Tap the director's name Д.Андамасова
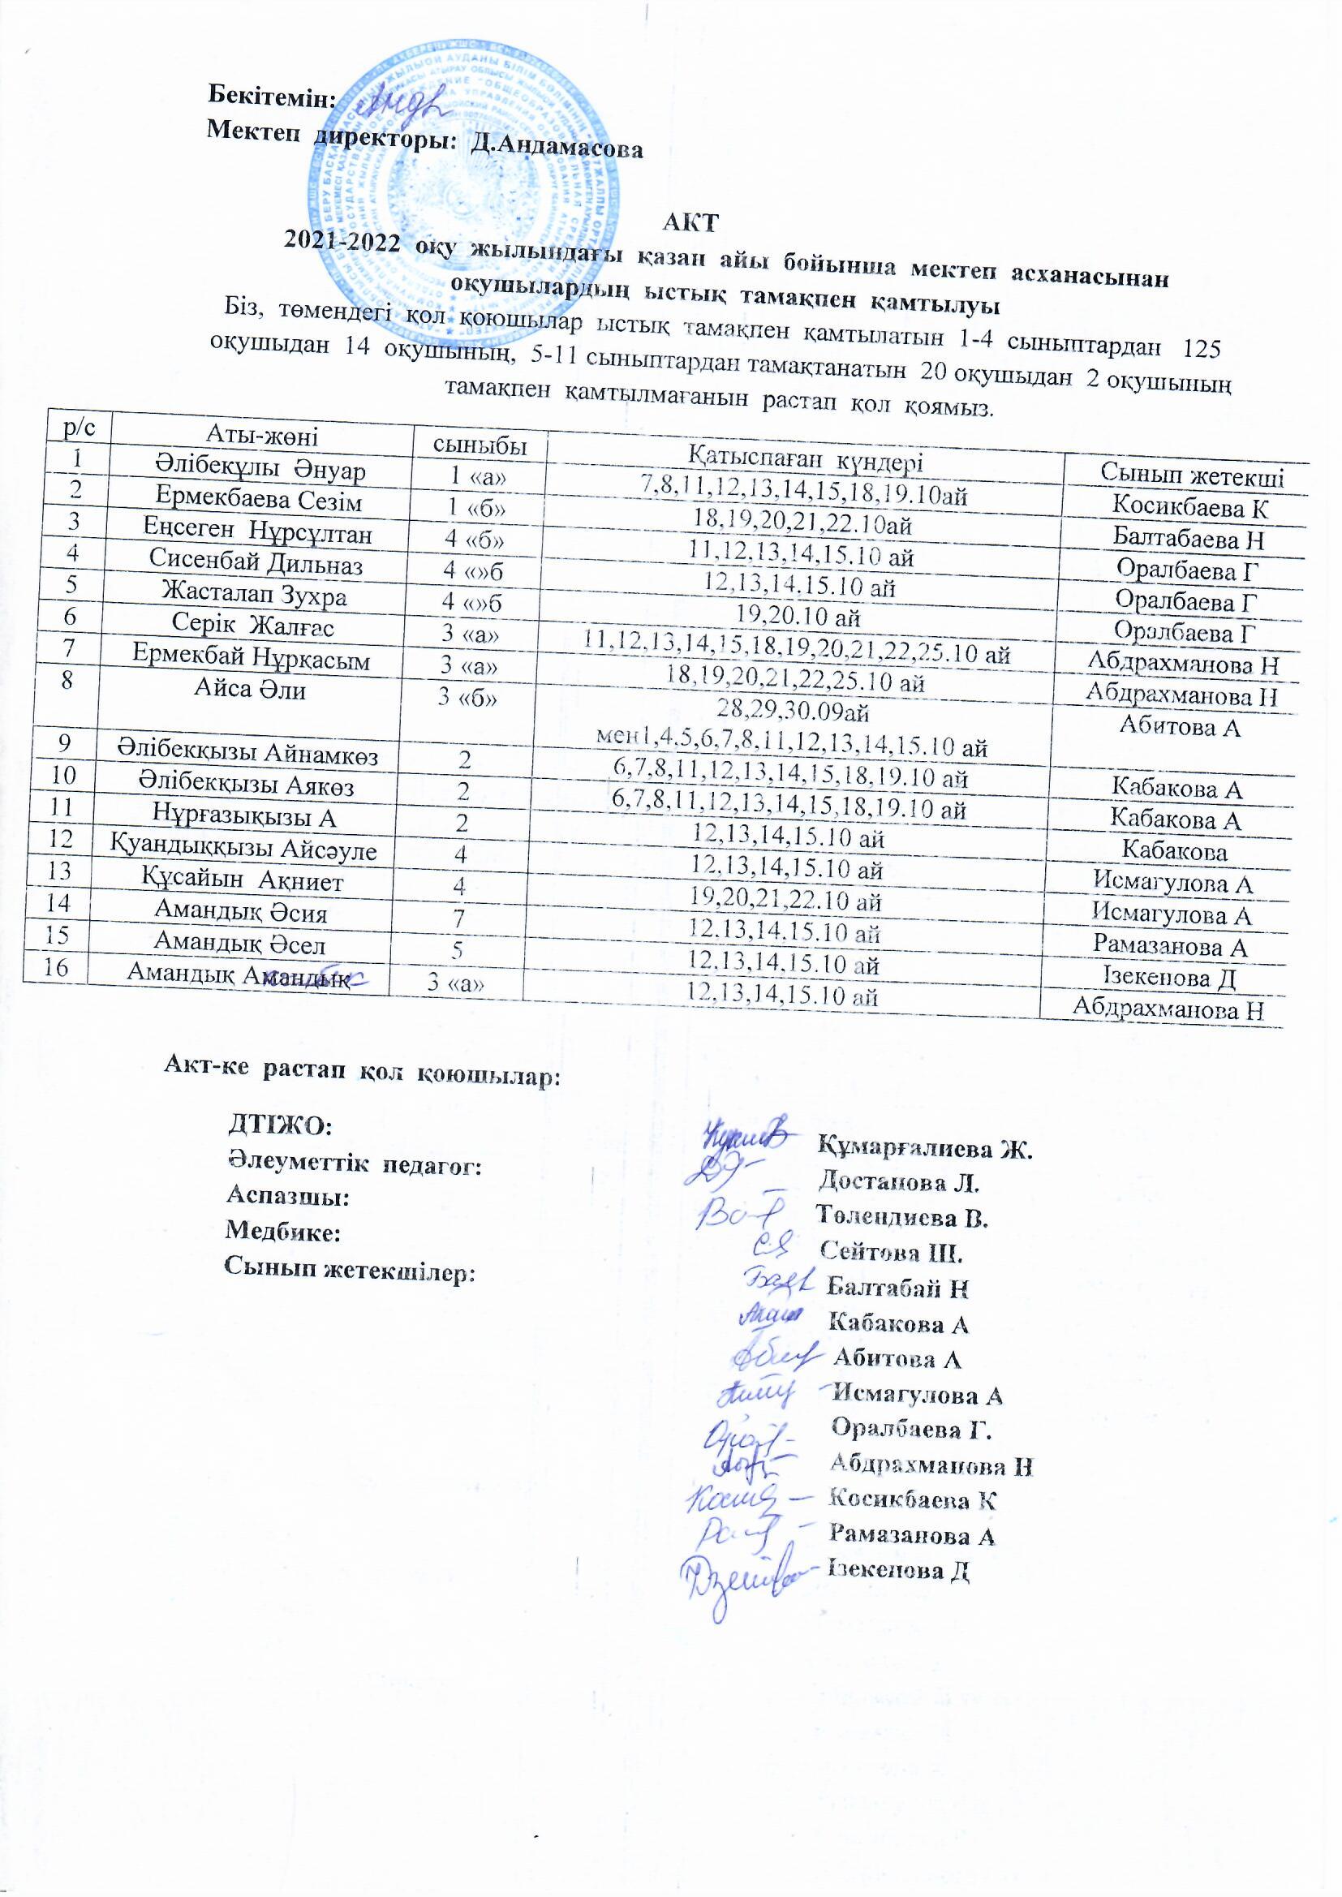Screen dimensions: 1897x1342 click(x=555, y=149)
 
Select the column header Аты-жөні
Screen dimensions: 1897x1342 click(x=261, y=435)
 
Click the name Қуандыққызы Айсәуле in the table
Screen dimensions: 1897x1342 click(x=244, y=849)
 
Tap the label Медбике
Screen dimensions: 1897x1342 click(x=282, y=1232)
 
